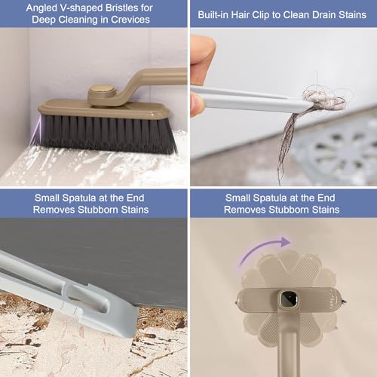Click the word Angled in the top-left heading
(x=42, y=8)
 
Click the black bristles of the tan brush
(x=107, y=133)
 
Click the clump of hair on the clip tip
(x=324, y=100)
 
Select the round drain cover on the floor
(x=337, y=151)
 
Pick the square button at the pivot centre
(x=288, y=299)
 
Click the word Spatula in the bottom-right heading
(x=270, y=198)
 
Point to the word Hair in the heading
(x=241, y=15)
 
